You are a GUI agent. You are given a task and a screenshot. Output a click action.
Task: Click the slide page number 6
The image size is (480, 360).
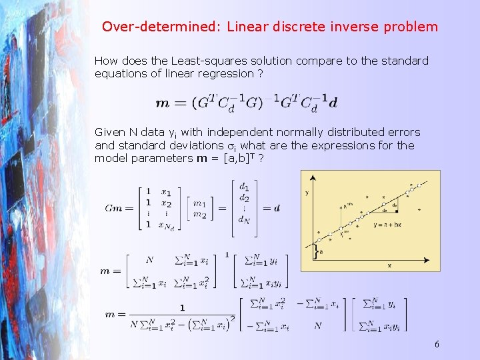pos(436,345)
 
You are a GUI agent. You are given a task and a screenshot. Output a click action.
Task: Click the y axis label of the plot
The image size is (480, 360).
pos(307,193)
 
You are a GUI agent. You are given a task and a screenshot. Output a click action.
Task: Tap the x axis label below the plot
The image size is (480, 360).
pos(390,265)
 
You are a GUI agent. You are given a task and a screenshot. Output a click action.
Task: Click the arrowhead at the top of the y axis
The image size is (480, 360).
pos(313,177)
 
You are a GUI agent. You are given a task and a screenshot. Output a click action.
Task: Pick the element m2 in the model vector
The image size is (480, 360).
pos(199,213)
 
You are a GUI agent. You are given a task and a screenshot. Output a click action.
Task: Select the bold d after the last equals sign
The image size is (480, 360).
pos(277,208)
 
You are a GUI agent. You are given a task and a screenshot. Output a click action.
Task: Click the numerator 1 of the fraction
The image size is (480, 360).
pos(181,307)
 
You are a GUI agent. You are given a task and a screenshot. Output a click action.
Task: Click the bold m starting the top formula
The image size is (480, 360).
pos(162,103)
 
